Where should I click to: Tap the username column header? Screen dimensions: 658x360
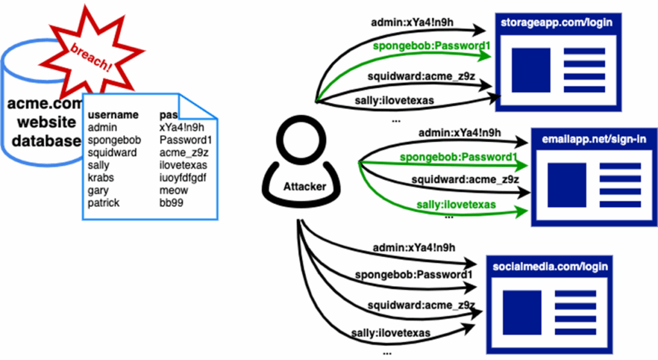coord(113,115)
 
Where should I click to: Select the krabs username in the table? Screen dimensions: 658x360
coord(101,178)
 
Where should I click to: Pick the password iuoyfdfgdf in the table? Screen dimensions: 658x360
coord(182,178)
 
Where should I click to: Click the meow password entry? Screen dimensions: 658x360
coord(173,190)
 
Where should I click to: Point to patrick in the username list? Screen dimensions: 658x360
coord(103,203)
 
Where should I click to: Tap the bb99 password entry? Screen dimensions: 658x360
coord(171,203)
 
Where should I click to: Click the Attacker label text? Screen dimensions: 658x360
coord(305,186)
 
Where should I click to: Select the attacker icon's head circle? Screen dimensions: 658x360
coord(301,140)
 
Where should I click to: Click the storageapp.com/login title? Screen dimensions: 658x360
coord(556,23)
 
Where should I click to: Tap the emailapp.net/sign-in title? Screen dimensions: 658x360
coord(594,139)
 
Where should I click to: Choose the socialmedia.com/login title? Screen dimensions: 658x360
coord(550,267)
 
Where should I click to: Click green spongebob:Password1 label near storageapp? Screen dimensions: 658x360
coord(431,46)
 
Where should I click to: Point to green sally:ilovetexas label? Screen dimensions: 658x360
coord(456,205)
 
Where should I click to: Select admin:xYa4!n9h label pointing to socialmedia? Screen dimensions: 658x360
coord(414,248)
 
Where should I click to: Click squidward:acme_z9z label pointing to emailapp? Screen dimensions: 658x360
coord(465,180)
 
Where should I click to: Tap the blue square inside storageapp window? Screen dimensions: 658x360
coord(531,70)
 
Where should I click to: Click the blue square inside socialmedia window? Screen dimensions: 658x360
coord(522,312)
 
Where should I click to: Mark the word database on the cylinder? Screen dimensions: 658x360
coord(46,141)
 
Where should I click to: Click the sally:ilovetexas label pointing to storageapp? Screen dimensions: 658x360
coord(395,101)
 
